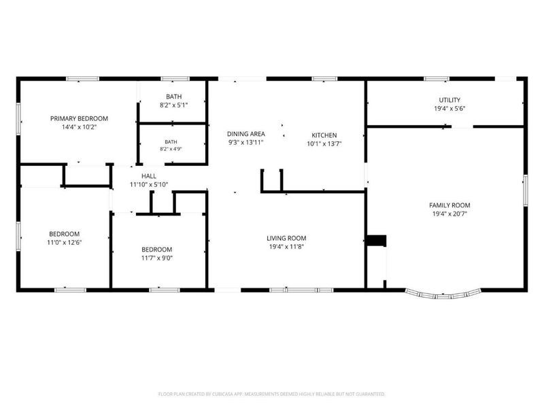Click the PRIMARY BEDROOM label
click(x=79, y=118)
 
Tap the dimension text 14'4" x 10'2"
click(x=79, y=127)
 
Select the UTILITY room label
click(x=449, y=100)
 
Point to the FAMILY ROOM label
click(x=449, y=205)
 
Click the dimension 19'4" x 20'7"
click(x=449, y=214)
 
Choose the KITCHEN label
click(x=324, y=135)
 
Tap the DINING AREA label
click(x=246, y=134)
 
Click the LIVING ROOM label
click(x=286, y=239)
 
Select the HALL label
click(x=149, y=176)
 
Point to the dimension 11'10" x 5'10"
click(x=149, y=184)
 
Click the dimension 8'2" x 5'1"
click(x=174, y=105)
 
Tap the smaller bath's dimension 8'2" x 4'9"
click(x=171, y=149)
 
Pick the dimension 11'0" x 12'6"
click(x=64, y=243)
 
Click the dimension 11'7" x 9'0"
click(x=157, y=258)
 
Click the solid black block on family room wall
click(x=377, y=241)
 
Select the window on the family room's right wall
click(x=526, y=190)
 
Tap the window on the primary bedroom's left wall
click(x=18, y=118)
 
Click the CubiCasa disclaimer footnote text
click(x=271, y=394)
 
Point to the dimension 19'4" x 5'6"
click(x=449, y=109)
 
